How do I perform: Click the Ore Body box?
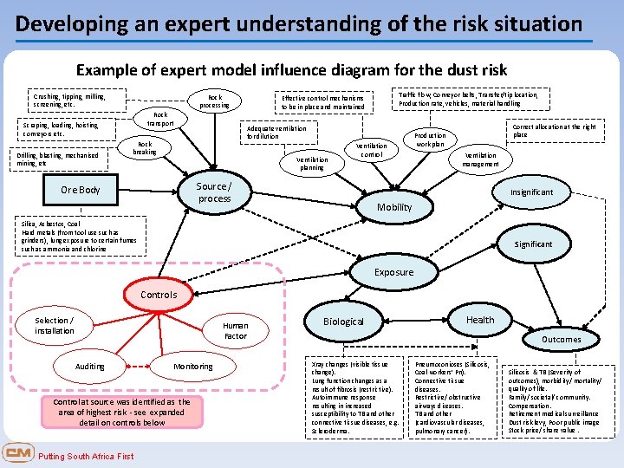pos(81,190)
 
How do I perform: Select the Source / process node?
pos(214,192)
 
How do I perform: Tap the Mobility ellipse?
pos(393,207)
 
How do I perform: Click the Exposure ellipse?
pos(393,272)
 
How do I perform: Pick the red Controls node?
pos(158,295)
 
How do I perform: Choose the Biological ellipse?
pos(343,322)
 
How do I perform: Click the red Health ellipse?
pos(480,320)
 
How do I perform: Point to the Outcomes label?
pos(561,340)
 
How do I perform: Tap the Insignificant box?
pos(531,192)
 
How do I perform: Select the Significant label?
pos(532,244)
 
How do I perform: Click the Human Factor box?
pos(235,330)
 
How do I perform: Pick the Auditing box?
pos(90,367)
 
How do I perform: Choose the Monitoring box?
pos(192,367)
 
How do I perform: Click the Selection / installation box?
pos(55,326)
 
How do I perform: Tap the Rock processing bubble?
pos(214,101)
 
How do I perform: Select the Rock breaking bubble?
pos(145,149)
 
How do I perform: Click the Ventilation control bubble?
pos(372,150)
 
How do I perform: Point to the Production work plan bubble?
pos(430,140)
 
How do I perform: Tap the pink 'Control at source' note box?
pos(121,413)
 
